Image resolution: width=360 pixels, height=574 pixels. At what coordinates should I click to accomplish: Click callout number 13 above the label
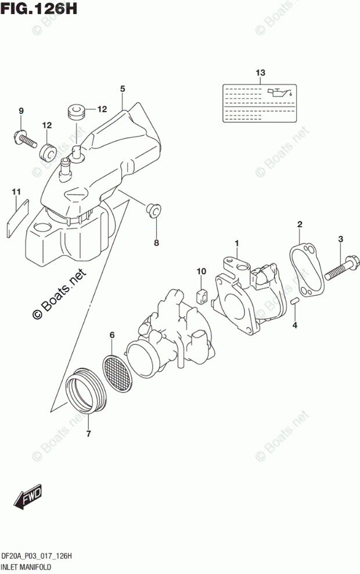pyautogui.click(x=260, y=73)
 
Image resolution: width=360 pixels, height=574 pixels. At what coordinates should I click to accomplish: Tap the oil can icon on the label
pyautogui.click(x=278, y=93)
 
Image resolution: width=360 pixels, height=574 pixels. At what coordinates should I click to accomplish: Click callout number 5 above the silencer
pyautogui.click(x=123, y=89)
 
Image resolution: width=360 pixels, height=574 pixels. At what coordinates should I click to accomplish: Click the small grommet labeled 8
pyautogui.click(x=154, y=209)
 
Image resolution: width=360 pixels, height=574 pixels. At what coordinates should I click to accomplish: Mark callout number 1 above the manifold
pyautogui.click(x=236, y=243)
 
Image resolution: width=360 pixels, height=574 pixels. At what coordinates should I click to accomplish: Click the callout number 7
pyautogui.click(x=89, y=433)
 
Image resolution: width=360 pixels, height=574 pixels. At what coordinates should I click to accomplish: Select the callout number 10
pyautogui.click(x=201, y=271)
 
